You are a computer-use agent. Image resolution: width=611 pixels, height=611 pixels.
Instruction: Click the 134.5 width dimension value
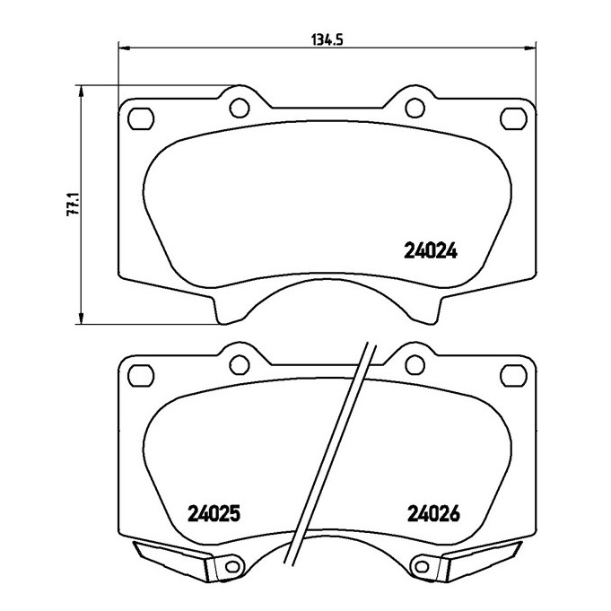point(327,39)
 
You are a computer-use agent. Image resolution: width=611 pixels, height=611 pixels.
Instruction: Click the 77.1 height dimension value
point(74,204)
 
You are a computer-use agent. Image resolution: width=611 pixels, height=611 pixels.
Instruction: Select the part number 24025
point(214,513)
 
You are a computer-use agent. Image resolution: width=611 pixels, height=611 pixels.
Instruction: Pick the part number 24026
point(433,513)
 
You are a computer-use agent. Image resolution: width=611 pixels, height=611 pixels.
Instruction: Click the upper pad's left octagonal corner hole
point(141,118)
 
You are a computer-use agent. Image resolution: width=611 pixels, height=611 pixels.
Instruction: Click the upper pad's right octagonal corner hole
point(513,118)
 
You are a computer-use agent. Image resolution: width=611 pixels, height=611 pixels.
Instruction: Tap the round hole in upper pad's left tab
point(240,108)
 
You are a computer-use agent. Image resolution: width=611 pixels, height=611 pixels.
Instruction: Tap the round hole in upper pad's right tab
point(415,108)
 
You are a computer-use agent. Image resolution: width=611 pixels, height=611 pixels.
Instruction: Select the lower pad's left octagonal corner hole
point(141,375)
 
